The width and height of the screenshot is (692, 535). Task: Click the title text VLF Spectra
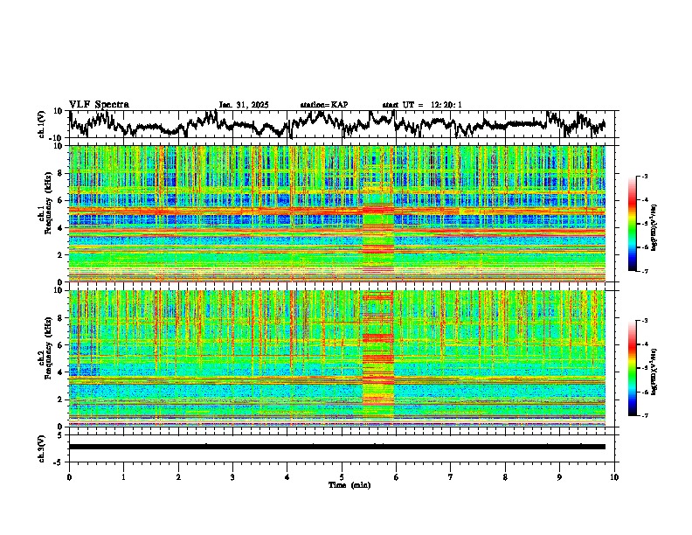tap(99, 104)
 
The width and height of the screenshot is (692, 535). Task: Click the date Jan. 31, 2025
tap(243, 105)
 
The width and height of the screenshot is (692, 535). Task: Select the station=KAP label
tap(323, 105)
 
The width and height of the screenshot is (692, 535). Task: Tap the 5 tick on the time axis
tap(342, 477)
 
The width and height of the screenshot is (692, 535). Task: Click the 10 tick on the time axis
tap(614, 477)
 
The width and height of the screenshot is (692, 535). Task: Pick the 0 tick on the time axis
tap(69, 477)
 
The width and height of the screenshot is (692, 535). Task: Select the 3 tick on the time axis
tap(232, 477)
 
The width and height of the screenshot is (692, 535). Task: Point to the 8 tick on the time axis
tap(505, 477)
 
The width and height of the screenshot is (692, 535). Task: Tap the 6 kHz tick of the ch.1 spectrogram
tap(61, 200)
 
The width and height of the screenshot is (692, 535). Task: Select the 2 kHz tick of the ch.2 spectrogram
tap(61, 399)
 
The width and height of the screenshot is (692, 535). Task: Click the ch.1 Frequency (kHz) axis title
tap(44, 212)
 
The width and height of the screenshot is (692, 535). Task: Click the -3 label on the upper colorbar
tap(645, 177)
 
